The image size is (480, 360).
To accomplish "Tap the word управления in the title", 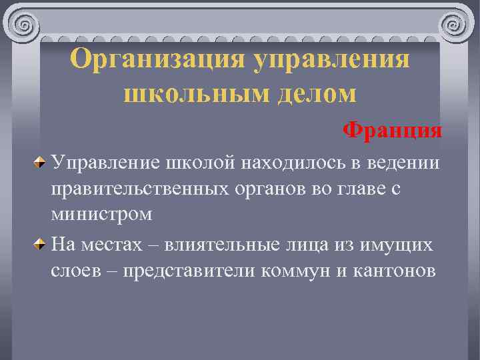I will click(x=331, y=60).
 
